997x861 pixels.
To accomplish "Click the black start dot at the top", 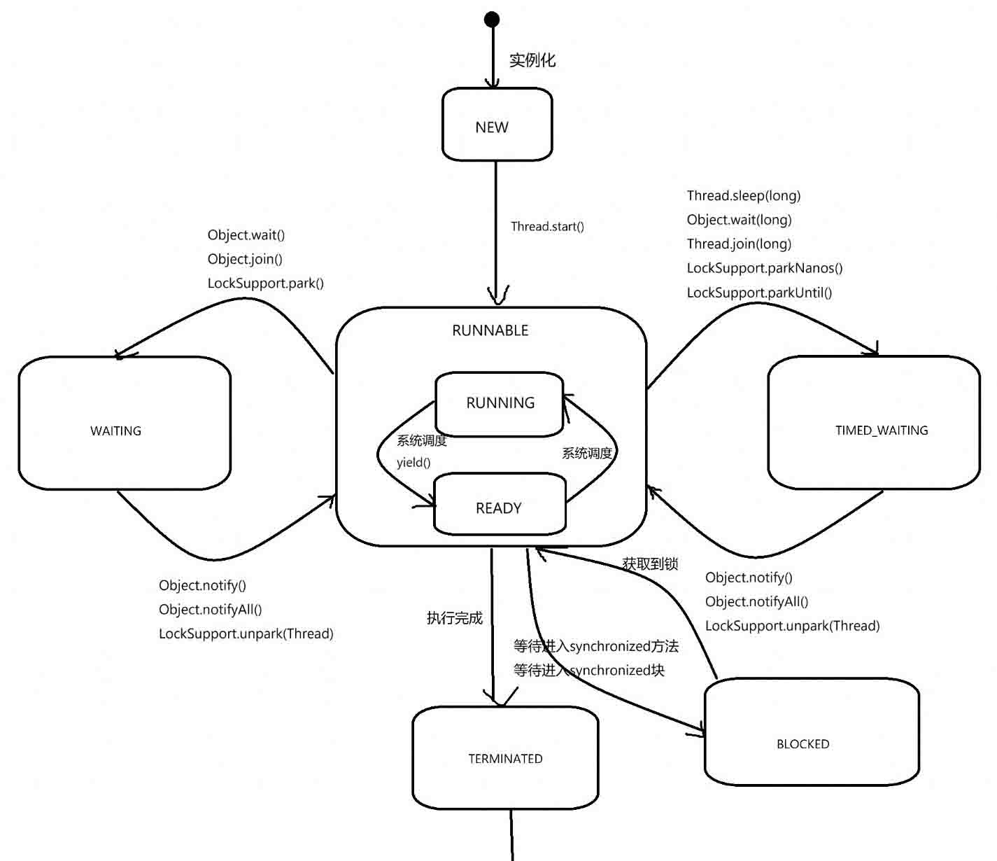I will tap(492, 20).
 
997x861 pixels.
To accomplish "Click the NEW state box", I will tap(497, 125).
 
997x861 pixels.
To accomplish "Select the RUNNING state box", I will tap(500, 403).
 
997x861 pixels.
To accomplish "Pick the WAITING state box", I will tap(124, 423).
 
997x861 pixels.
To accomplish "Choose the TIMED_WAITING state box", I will tap(874, 423).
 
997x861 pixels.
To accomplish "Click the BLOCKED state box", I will tap(811, 731).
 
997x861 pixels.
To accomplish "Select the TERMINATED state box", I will tap(505, 758).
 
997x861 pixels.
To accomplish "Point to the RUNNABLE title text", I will tap(490, 330).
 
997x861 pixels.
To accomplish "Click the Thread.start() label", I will tap(547, 226).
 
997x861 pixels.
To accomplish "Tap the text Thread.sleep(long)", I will tap(743, 195).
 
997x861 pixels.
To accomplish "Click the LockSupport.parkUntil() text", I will tap(759, 292).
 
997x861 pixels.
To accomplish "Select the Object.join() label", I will tap(245, 259).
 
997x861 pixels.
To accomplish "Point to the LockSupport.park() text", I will tap(265, 283).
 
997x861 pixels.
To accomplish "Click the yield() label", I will tap(413, 463).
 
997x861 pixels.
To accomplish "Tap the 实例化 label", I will tap(532, 60).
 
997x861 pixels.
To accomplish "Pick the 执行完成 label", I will tap(455, 618).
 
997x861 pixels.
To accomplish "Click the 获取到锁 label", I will tap(650, 563).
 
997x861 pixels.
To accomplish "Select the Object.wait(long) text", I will tap(739, 220).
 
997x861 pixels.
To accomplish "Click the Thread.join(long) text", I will tap(739, 244).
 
